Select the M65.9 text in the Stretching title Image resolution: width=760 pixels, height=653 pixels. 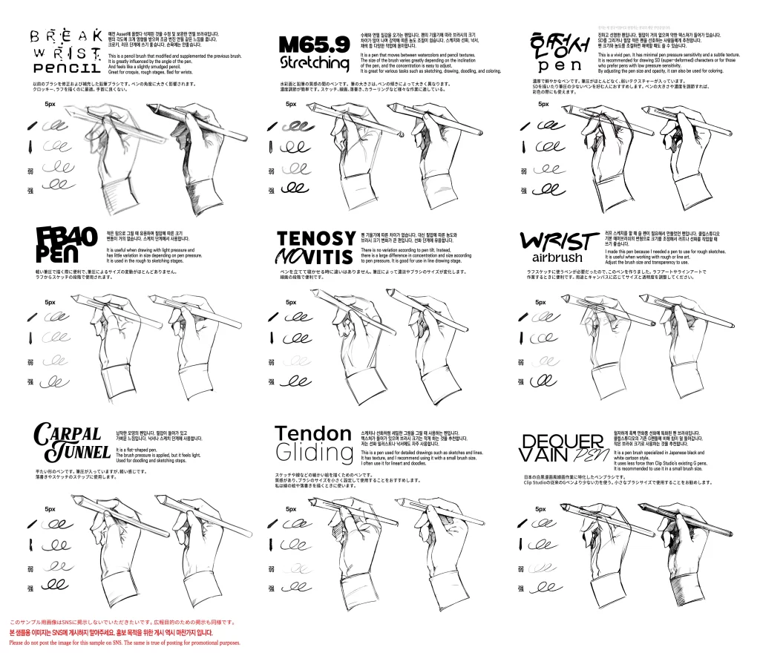pos(311,45)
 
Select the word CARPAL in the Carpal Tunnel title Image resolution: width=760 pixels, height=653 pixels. pos(68,432)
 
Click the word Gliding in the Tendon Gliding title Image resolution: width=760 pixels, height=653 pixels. pos(313,452)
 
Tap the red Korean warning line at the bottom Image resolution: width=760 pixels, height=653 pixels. pos(111,632)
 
